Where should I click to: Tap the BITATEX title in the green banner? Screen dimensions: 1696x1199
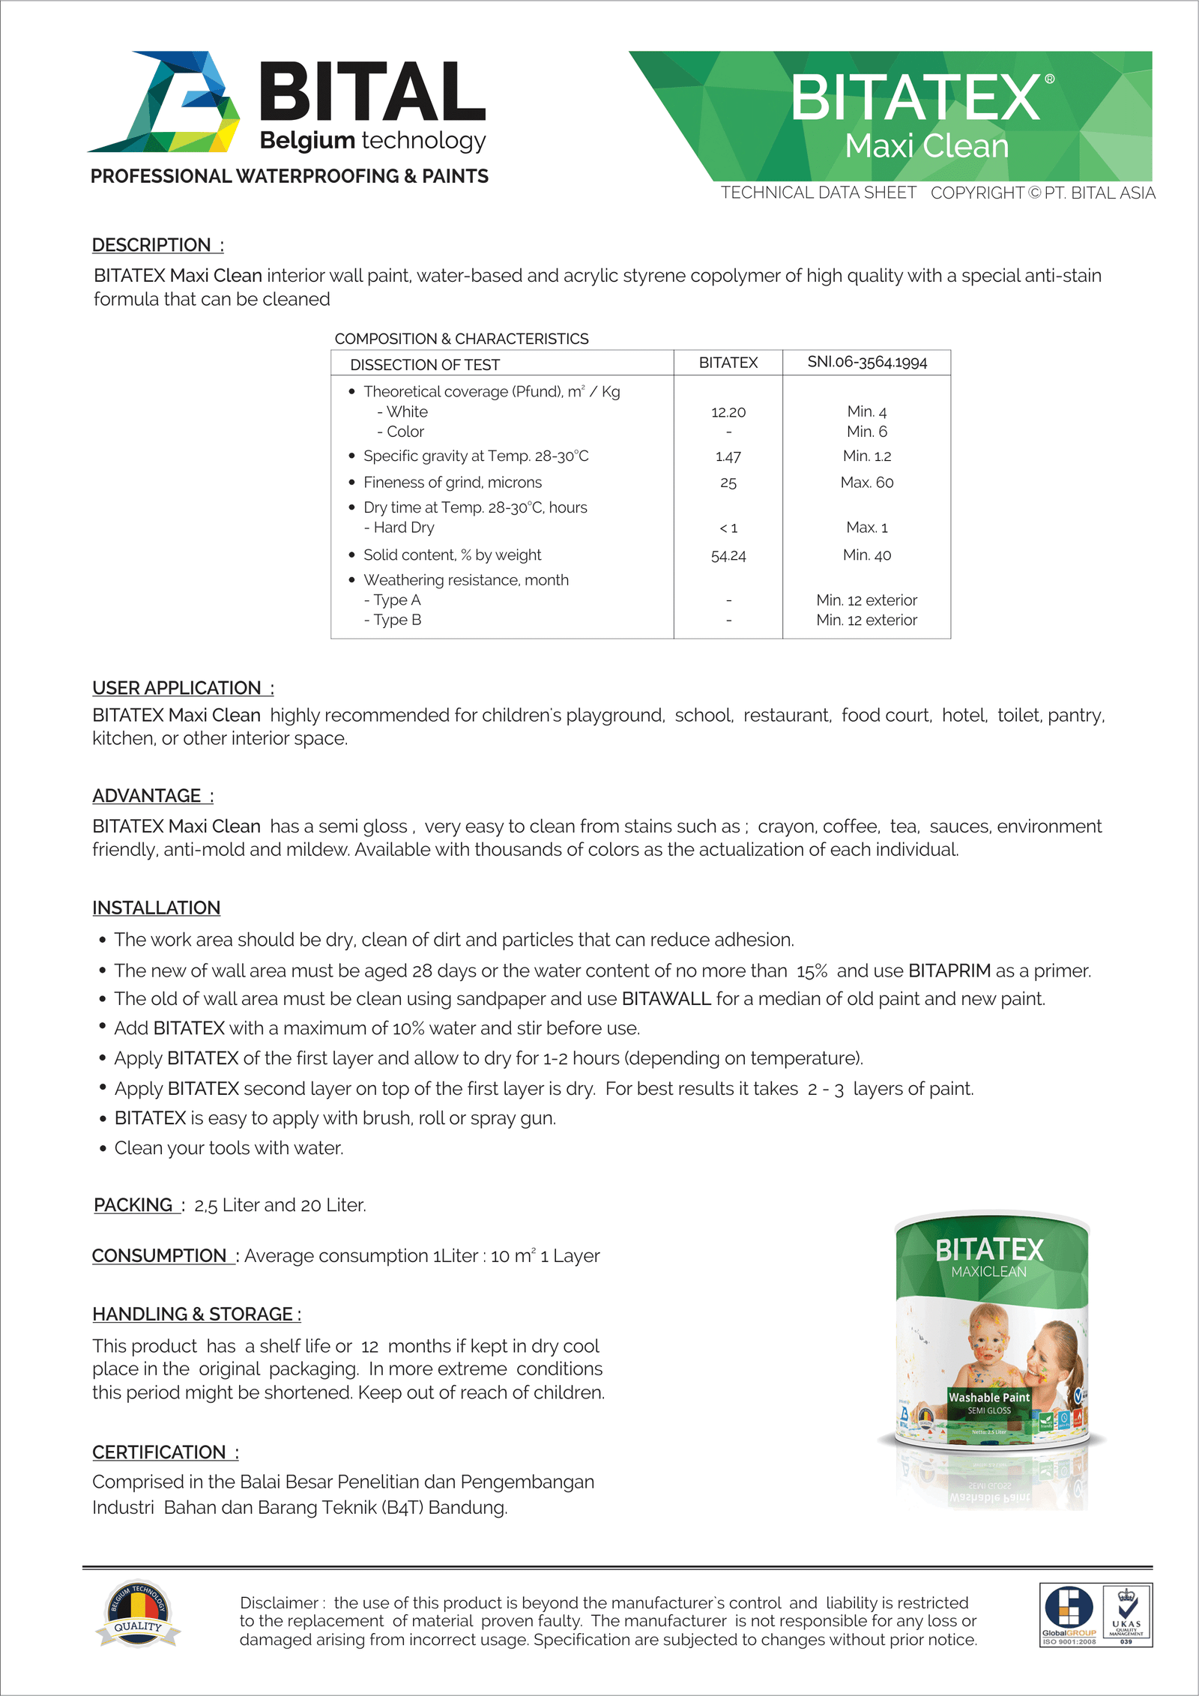pos(916,98)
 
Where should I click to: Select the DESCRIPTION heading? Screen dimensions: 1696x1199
pos(151,245)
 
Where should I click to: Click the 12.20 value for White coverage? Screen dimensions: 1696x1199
pos(728,412)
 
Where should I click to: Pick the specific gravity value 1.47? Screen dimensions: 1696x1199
pos(728,456)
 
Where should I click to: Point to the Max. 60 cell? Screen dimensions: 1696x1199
pos(867,483)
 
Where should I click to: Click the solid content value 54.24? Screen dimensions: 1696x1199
pos(728,555)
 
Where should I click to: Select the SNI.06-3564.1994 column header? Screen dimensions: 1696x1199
pos(867,362)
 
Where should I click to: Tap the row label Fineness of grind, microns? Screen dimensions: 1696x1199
pos(452,483)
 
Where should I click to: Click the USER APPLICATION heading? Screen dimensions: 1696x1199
pos(177,688)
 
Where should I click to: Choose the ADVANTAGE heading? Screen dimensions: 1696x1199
pos(147,796)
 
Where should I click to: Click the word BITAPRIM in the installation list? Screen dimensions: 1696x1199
pos(949,971)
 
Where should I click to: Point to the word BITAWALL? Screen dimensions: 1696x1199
pos(666,999)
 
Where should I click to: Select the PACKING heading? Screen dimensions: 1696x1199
pos(133,1205)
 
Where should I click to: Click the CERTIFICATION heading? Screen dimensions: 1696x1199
pos(159,1452)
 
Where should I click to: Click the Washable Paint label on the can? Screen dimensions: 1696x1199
pos(989,1398)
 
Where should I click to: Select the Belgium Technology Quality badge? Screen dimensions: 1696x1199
pos(138,1616)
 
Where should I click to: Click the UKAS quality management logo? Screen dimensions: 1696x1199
pos(1126,1615)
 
